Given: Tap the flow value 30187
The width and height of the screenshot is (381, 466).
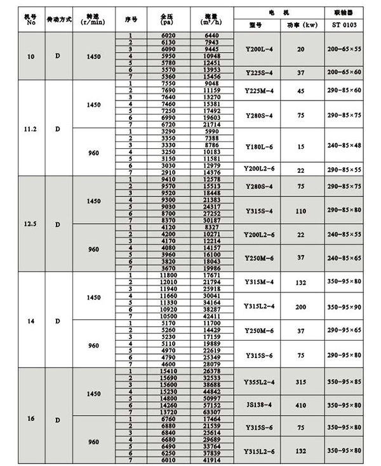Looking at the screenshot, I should coord(211,219).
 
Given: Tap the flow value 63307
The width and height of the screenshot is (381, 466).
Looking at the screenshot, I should coord(211,412).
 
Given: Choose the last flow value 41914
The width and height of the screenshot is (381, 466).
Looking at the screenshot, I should coord(211,460).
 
